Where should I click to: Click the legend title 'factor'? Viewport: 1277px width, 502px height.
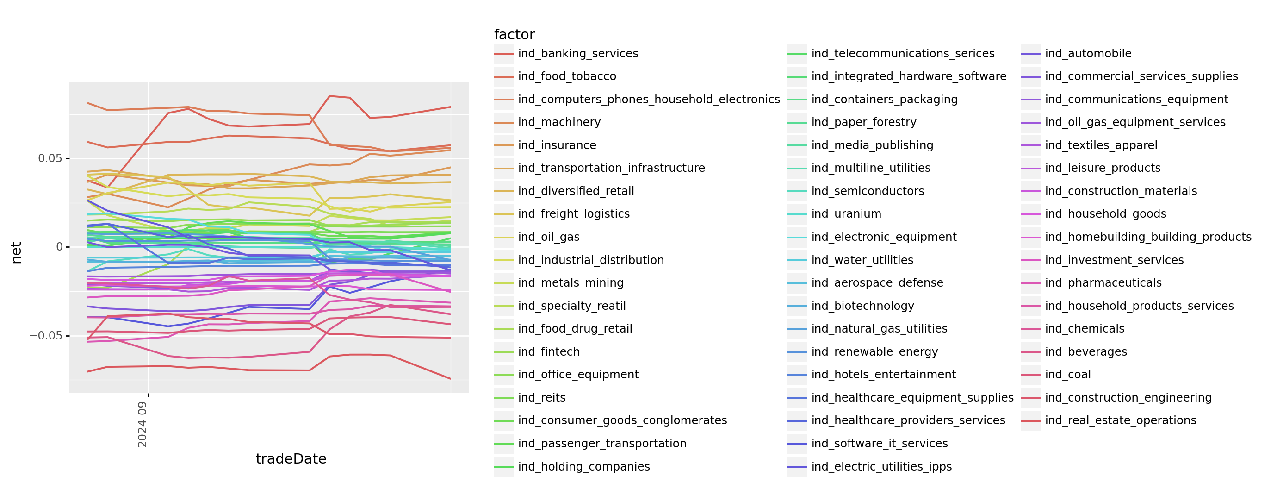514,35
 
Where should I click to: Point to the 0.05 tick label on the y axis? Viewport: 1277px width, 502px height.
50,158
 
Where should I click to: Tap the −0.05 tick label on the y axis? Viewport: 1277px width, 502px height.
46,336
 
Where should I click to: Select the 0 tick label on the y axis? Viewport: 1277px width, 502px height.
60,247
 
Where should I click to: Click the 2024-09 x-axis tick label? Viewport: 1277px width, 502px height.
143,424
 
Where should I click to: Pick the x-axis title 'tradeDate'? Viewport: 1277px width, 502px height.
291,459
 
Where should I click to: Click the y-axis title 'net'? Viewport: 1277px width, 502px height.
16,252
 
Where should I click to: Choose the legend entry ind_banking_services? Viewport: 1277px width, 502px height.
578,54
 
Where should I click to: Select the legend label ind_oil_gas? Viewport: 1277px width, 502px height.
549,237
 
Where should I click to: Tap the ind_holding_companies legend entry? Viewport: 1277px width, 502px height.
583,467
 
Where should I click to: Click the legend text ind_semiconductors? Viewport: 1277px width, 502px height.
868,191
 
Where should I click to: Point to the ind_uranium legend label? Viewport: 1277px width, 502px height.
846,214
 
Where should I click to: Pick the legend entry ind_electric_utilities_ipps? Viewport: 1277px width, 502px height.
881,467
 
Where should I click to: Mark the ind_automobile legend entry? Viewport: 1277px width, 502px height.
1088,54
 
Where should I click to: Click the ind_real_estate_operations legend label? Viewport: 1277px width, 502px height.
1120,420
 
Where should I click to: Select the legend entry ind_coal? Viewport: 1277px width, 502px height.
1068,375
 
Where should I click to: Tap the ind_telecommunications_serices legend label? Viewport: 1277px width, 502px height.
903,54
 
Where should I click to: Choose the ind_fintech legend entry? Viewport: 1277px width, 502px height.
549,351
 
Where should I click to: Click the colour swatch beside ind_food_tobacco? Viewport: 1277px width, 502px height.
504,76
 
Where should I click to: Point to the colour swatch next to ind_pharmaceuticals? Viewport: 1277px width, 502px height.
1031,283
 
